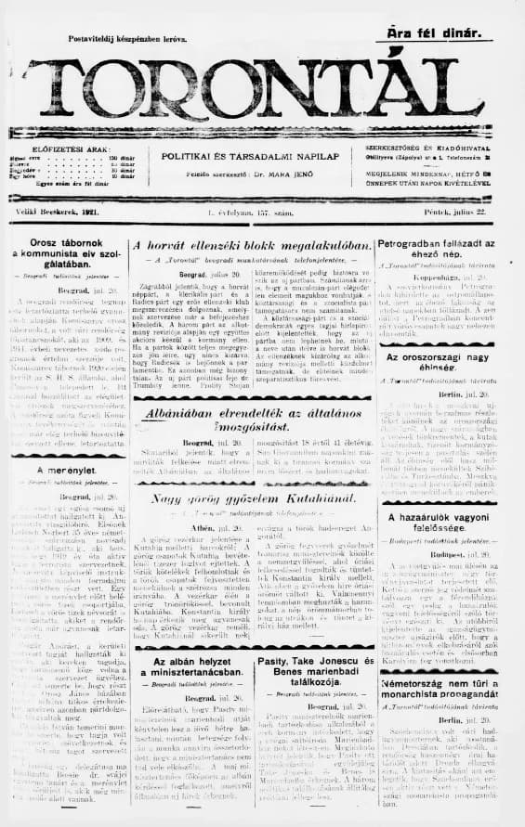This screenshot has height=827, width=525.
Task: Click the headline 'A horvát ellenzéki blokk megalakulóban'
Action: click(252, 246)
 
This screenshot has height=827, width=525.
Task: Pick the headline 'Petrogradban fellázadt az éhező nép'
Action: click(443, 251)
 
